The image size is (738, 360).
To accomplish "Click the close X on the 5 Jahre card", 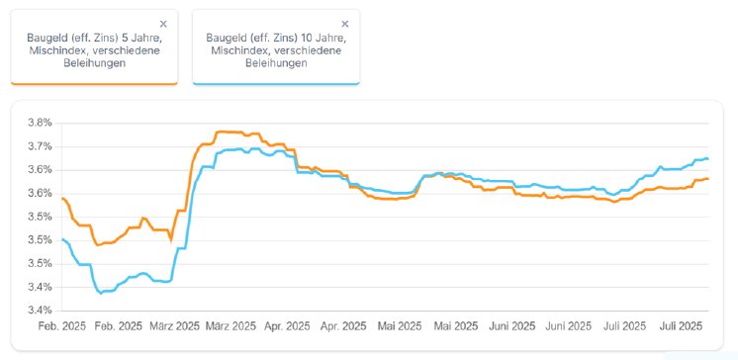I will [x=163, y=23].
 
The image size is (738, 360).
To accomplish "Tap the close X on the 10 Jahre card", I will [x=344, y=23].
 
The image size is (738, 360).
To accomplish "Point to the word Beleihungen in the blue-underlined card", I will [x=276, y=63].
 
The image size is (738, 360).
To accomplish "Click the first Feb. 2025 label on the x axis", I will [x=62, y=325].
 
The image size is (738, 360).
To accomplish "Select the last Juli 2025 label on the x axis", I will [x=681, y=325].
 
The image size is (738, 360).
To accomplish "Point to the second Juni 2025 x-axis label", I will [x=569, y=325].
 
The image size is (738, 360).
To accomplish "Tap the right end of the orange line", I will [x=707, y=178].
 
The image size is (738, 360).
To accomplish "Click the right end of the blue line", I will [x=707, y=158].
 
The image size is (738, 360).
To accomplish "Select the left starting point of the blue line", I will [x=62, y=239].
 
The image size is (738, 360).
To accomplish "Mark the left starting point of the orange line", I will [x=62, y=199].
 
